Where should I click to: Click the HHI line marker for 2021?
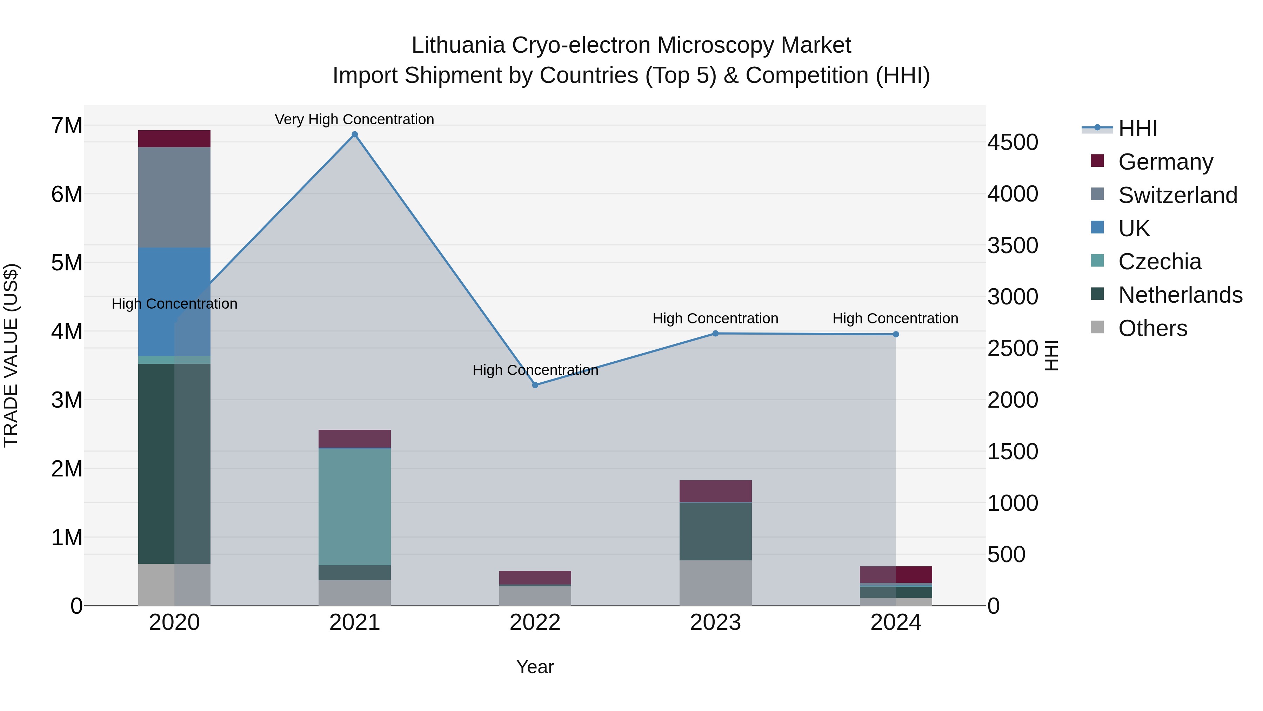(x=354, y=134)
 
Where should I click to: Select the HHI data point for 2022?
(x=535, y=385)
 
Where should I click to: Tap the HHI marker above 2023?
(x=715, y=334)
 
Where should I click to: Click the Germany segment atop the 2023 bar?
(x=715, y=491)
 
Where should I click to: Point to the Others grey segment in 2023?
(x=715, y=583)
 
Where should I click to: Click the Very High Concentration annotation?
(x=354, y=119)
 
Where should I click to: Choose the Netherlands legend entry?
(x=1180, y=295)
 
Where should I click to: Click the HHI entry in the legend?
(x=1137, y=129)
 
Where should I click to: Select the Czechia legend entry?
(x=1160, y=262)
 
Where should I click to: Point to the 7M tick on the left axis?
(x=67, y=126)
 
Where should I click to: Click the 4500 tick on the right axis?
(x=1013, y=142)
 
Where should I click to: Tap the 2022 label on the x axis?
(x=535, y=623)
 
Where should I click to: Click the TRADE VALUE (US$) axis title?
(x=11, y=355)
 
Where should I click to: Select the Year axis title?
(x=535, y=667)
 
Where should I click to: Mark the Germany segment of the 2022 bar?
(x=535, y=578)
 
